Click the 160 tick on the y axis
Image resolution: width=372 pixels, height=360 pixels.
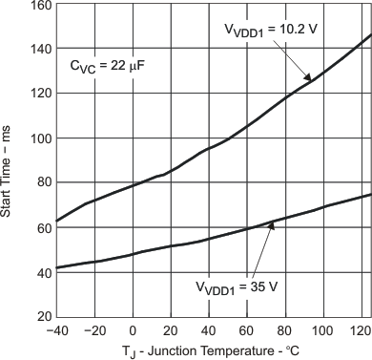pyautogui.click(x=38, y=5)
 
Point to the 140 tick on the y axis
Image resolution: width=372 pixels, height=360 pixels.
pyautogui.click(x=38, y=50)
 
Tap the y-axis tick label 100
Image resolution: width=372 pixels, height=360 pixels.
pyautogui.click(x=38, y=138)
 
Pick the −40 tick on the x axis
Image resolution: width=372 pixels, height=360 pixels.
pyautogui.click(x=57, y=329)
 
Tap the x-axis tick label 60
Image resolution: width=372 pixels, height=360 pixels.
pyautogui.click(x=249, y=329)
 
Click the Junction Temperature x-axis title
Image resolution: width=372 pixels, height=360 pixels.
pyautogui.click(x=212, y=350)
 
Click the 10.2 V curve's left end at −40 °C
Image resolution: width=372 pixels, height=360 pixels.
pyautogui.click(x=58, y=222)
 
